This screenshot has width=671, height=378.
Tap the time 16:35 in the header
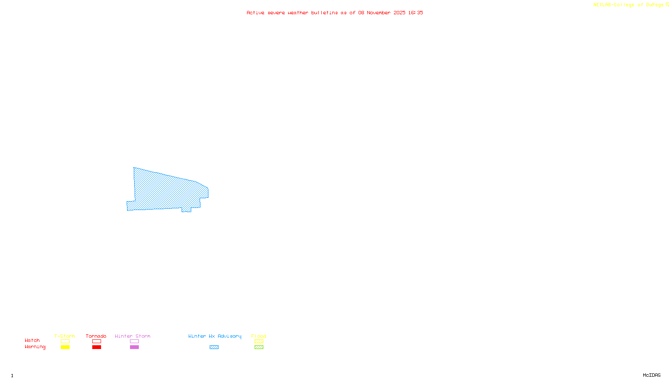[x=415, y=13]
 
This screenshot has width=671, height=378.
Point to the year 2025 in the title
[x=399, y=13]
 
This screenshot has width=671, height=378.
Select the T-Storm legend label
[x=65, y=336]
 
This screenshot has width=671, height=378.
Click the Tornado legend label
[x=96, y=336]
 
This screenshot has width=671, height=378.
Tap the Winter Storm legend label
[x=133, y=336]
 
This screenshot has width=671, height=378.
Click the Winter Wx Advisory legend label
[x=215, y=336]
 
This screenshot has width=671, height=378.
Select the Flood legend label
[x=259, y=336]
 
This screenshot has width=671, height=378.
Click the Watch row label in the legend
[x=32, y=340]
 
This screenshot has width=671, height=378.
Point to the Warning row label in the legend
[x=35, y=347]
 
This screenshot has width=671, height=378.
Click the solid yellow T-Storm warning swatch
[x=65, y=347]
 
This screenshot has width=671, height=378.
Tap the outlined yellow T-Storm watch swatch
[x=65, y=341]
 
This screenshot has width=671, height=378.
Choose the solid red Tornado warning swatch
[x=97, y=347]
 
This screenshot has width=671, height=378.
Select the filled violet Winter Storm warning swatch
[x=134, y=347]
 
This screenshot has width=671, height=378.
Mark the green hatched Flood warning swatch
[x=259, y=347]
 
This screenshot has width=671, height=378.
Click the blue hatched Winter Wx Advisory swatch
[x=214, y=347]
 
